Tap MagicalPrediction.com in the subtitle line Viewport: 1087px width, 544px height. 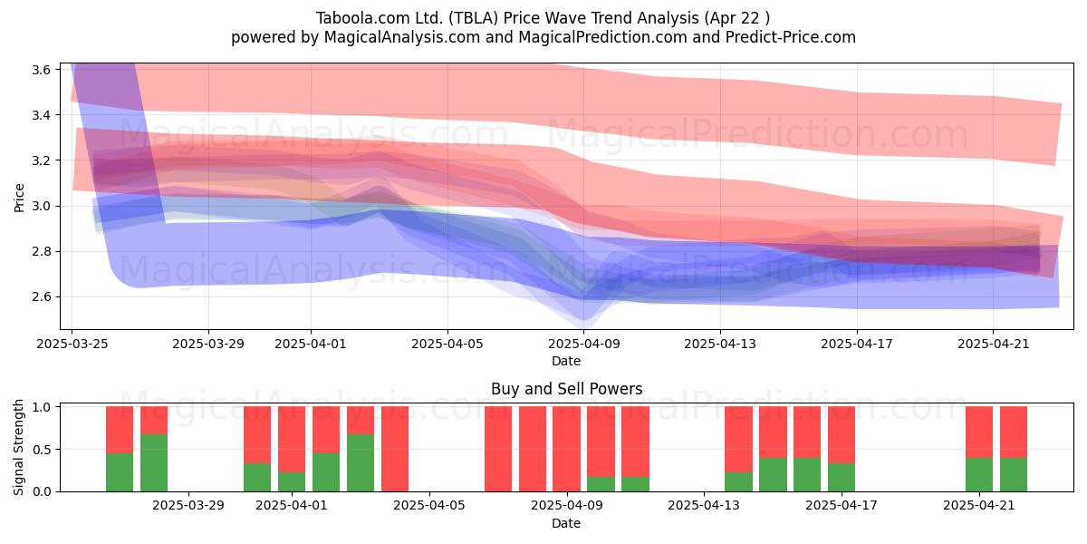[x=602, y=37]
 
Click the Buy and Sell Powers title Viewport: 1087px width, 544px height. [x=566, y=389]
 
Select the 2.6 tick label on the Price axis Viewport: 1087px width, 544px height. [x=42, y=296]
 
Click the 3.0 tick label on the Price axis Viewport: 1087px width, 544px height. [x=42, y=206]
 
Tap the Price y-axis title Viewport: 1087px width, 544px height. [x=19, y=198]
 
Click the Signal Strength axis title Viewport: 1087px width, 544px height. [x=18, y=447]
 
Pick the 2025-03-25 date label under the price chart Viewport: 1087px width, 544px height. [x=72, y=344]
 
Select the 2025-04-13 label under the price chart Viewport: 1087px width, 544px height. [x=720, y=344]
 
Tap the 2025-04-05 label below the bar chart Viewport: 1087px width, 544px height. [x=429, y=506]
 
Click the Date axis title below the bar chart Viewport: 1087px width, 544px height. [x=566, y=523]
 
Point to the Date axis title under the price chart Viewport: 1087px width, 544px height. [x=566, y=361]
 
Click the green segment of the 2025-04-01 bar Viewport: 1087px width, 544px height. [x=292, y=481]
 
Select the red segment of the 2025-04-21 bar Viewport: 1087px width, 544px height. [x=979, y=432]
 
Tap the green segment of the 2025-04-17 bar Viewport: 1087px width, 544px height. [x=842, y=478]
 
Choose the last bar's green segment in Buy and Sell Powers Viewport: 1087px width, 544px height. [x=1014, y=474]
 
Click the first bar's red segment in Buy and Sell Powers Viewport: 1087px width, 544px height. [x=120, y=430]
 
